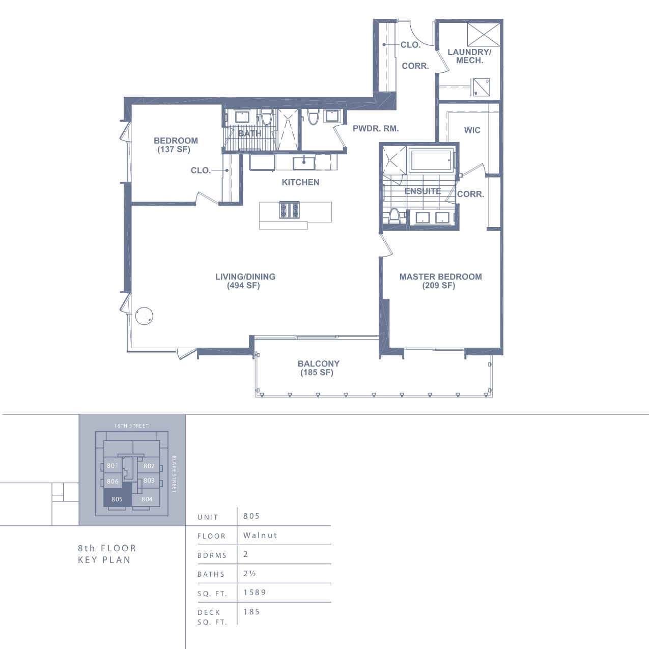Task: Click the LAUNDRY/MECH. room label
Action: [469, 56]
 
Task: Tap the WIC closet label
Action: [472, 130]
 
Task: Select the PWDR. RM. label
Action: [376, 129]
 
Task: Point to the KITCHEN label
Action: [300, 182]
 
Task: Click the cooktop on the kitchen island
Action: [289, 210]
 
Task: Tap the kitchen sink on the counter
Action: [304, 163]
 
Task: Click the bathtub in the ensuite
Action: [431, 160]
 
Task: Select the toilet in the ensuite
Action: [393, 216]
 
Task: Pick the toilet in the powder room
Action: [313, 117]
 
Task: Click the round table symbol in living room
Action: [144, 316]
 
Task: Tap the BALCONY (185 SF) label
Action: [318, 368]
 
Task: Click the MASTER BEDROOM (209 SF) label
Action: [440, 281]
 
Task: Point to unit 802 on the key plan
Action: [149, 466]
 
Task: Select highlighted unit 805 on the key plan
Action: [117, 499]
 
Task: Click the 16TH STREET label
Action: [131, 426]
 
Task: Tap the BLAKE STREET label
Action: [174, 474]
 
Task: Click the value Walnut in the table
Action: [260, 535]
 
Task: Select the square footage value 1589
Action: [255, 592]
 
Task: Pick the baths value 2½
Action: [249, 573]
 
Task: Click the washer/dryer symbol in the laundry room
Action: [481, 87]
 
